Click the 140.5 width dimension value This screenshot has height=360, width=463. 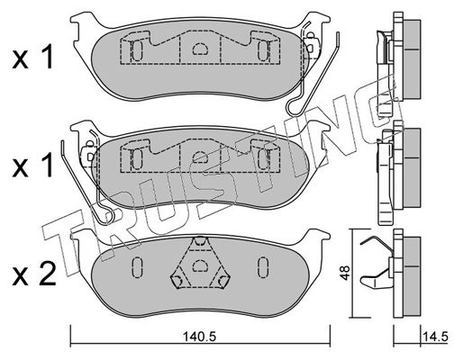tap(199, 337)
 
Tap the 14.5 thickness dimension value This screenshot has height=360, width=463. tap(435, 337)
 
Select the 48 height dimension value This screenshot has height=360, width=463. tap(346, 273)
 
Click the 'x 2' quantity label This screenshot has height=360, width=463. tap(34, 274)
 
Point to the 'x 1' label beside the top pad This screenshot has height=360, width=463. tap(33, 57)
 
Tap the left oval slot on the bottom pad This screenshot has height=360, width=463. tap(137, 266)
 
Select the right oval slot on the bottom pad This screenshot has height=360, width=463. tap(263, 266)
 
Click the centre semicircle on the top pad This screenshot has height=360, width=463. tap(200, 49)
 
